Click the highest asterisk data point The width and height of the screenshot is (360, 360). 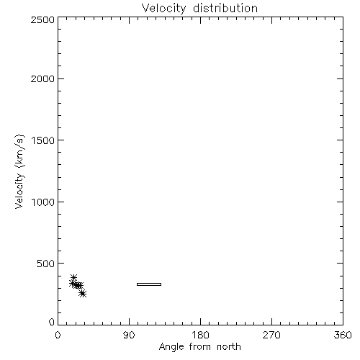point(73,277)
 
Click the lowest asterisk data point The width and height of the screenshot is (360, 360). point(83,294)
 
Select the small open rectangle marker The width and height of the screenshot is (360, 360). point(149,284)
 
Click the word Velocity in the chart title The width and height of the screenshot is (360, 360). point(163,9)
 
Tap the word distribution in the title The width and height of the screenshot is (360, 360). point(225,8)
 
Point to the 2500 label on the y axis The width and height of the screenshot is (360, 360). point(42,19)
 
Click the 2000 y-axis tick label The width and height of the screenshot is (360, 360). point(42,78)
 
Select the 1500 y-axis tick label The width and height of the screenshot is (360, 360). point(43,140)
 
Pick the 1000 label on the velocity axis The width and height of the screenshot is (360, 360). point(43,202)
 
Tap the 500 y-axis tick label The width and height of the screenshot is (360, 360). point(46,264)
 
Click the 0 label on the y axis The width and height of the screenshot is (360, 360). point(52,322)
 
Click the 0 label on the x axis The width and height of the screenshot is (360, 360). point(58,335)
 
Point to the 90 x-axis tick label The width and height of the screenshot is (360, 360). point(129,335)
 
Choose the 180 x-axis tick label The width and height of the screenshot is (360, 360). point(200,335)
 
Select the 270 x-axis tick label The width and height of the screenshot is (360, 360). point(271,335)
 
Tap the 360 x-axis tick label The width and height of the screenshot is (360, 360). point(343,335)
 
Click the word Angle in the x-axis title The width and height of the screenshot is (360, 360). point(171,347)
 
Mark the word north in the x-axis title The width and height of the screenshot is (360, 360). point(229,346)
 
